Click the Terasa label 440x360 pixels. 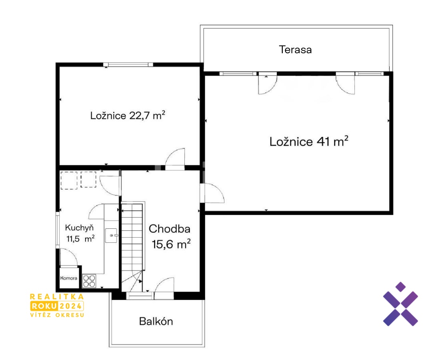point(295,50)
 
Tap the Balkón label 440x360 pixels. point(156,321)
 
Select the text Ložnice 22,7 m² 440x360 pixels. point(128,115)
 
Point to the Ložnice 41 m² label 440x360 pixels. point(309,142)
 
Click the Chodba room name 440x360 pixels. point(170,229)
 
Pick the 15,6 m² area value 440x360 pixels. point(171,244)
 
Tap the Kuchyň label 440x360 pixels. point(79,228)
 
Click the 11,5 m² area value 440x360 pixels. point(80,239)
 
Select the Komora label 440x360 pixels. point(69,278)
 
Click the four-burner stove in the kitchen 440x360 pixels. point(89,281)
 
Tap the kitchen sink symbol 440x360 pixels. point(112,236)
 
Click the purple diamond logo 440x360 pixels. point(400,304)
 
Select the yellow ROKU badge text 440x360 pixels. point(44,306)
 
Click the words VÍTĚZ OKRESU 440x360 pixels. point(57,315)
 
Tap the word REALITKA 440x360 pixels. point(57,296)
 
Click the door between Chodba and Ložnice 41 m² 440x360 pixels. point(212,193)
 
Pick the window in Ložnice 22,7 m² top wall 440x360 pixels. point(128,64)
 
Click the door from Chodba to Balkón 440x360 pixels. point(164,288)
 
